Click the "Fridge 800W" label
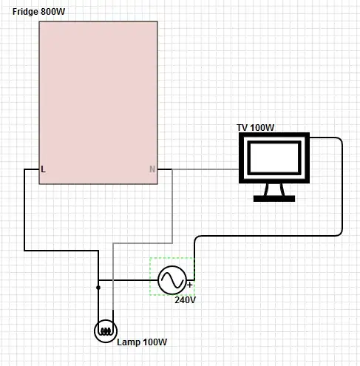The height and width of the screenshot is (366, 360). pyautogui.click(x=38, y=12)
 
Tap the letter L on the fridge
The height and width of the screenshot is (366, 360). pyautogui.click(x=43, y=169)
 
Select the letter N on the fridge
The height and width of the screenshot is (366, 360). pyautogui.click(x=152, y=169)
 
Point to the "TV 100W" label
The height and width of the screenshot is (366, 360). pyautogui.click(x=255, y=128)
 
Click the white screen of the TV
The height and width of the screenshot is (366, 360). pyautogui.click(x=274, y=158)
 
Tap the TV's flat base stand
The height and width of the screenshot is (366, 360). pyautogui.click(x=274, y=198)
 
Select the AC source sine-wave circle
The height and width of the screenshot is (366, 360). pyautogui.click(x=172, y=280)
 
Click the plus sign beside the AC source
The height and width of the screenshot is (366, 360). pyautogui.click(x=190, y=285)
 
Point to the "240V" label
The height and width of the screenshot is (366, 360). pyautogui.click(x=186, y=300)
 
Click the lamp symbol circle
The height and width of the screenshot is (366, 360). pyautogui.click(x=106, y=331)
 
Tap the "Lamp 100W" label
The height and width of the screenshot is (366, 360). pyautogui.click(x=142, y=342)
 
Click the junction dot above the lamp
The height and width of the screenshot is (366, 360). pyautogui.click(x=98, y=288)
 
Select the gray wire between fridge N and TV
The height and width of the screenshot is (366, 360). pyautogui.click(x=206, y=169)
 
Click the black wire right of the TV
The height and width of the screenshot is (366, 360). pyautogui.click(x=342, y=187)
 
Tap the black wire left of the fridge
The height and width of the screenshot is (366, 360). pyautogui.click(x=24, y=209)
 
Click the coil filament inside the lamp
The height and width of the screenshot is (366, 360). pyautogui.click(x=106, y=331)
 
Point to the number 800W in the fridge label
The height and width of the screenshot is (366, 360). pyautogui.click(x=53, y=12)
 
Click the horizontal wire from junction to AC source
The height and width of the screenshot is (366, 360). pyautogui.click(x=128, y=280)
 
